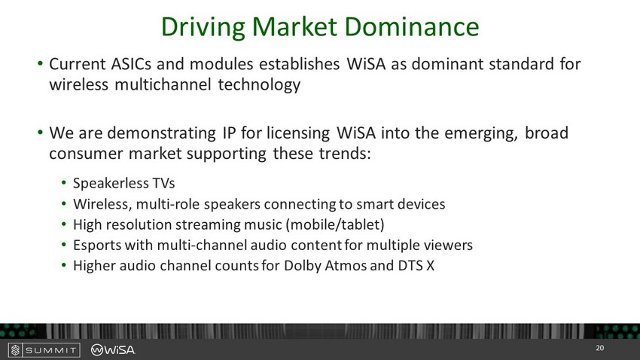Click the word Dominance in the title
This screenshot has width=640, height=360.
411,26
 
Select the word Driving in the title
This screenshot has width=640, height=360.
203,28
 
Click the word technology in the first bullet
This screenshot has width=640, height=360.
259,85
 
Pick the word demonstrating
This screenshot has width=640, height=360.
161,133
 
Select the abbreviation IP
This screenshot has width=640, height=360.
229,133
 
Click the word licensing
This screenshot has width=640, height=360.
298,133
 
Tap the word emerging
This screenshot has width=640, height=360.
481,134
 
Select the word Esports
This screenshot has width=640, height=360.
97,246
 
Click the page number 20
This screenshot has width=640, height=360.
599,348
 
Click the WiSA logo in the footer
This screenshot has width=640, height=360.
113,349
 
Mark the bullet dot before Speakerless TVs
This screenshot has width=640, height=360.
64,182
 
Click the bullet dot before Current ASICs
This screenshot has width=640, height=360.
40,63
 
